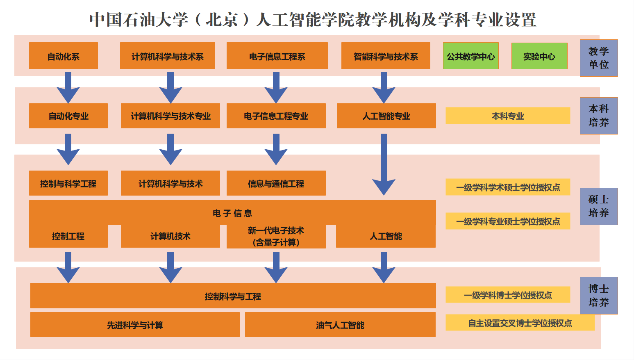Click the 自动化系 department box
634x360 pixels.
pos(64,56)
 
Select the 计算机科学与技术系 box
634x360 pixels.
pos(167,56)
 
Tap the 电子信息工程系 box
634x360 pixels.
pos(277,56)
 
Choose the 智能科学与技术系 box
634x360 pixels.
pos(386,56)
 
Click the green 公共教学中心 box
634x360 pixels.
pos(470,56)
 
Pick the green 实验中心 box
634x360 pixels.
pos(539,56)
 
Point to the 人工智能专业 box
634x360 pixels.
pos(386,116)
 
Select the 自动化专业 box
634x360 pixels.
pos(68,116)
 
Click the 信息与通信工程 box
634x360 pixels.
pos(276,183)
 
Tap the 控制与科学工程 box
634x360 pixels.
pos(68,183)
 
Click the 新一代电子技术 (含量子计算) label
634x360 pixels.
pos(276,237)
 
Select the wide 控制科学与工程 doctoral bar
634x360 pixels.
pos(233,296)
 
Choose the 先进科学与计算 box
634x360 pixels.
pos(135,325)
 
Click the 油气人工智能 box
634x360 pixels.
pos(340,325)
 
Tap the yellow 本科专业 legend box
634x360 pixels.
pos(508,116)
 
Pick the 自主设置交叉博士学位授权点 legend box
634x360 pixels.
pos(520,323)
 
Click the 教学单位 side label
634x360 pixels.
pos(598,58)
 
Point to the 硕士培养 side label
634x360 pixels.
pos(598,206)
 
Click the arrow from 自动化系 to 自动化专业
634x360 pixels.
pos(68,87)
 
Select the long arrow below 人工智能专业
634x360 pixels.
pos(384,164)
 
